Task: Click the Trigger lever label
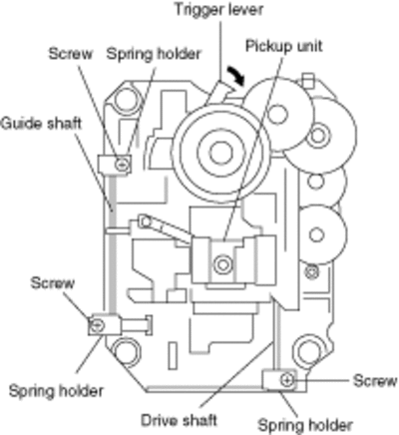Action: (x=218, y=9)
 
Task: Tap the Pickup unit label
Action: (x=284, y=46)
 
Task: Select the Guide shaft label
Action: (x=41, y=124)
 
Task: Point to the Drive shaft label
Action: (x=179, y=420)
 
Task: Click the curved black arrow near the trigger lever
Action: (x=236, y=76)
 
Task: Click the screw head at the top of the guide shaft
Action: (x=122, y=164)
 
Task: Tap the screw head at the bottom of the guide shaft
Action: (x=97, y=325)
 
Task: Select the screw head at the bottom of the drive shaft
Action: (x=287, y=380)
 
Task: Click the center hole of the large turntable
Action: (x=220, y=154)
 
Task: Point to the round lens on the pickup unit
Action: (x=222, y=264)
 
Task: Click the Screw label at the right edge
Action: (x=375, y=381)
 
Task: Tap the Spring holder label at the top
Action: (x=154, y=54)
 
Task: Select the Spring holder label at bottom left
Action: (x=56, y=391)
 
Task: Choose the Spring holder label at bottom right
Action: (x=305, y=425)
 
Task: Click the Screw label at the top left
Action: (x=70, y=54)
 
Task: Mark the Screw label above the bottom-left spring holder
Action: (x=52, y=283)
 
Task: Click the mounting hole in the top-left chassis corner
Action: (x=126, y=100)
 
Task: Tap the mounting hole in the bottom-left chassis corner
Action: (x=126, y=351)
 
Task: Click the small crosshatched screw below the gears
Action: (x=311, y=272)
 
